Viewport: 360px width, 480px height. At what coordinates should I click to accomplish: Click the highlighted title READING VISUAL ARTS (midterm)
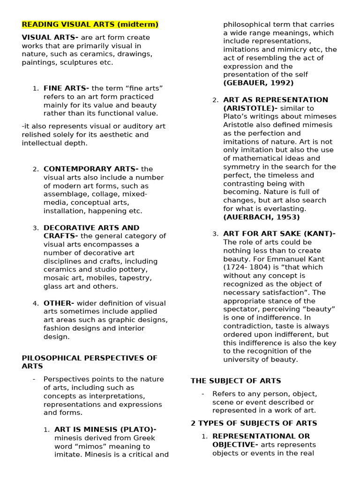point(90,24)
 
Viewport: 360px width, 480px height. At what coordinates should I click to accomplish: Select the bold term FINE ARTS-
point(66,88)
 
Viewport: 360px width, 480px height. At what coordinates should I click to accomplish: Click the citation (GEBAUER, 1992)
point(258,83)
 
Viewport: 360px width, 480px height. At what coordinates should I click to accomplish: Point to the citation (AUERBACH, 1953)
point(261,217)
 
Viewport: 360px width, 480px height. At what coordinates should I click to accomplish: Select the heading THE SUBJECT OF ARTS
point(236,381)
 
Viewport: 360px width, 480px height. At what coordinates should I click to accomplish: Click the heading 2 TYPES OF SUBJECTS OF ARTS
point(254,423)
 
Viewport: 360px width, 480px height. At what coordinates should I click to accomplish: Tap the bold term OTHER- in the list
point(59,303)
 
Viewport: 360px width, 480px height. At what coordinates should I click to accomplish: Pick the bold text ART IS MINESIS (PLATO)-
point(105,429)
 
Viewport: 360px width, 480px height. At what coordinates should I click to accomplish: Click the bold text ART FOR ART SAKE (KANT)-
point(279,233)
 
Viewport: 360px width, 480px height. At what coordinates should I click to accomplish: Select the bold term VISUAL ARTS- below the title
point(50,37)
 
